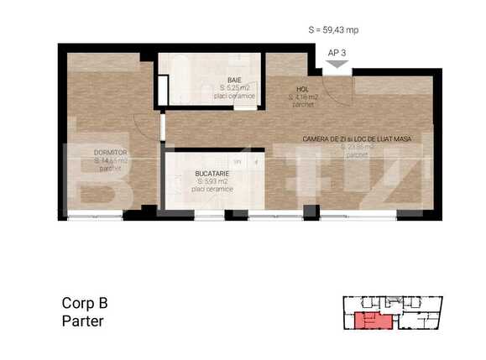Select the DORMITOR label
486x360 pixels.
pos(111,154)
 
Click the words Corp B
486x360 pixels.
pos(85,303)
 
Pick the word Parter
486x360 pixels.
pos(83,321)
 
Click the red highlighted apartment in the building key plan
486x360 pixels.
pos(369,320)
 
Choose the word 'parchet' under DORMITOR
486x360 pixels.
pos(110,169)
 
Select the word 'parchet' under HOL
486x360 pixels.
pos(302,105)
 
